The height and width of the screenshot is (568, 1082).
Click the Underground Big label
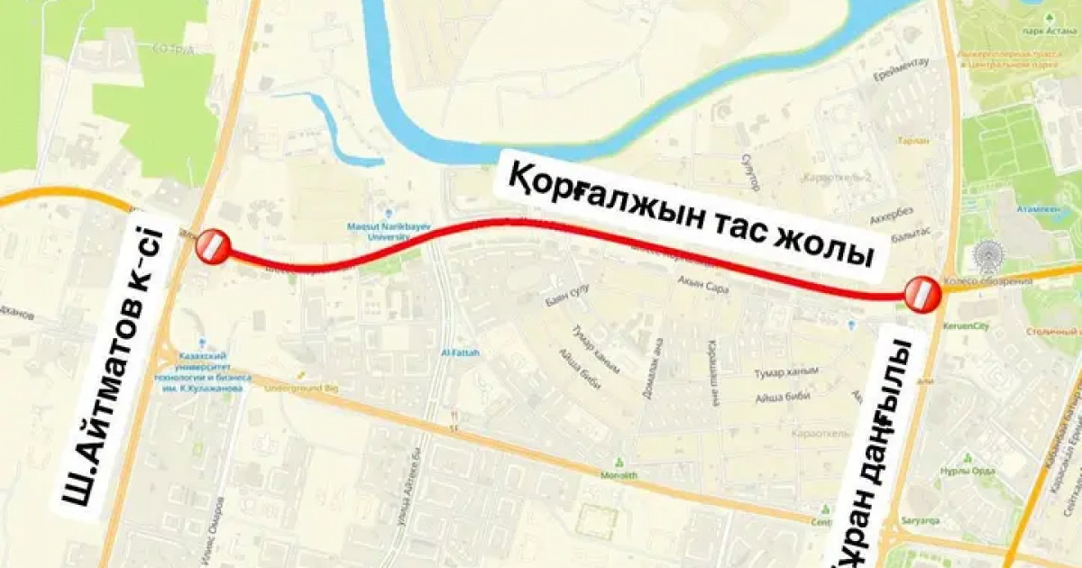pos(301,388)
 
